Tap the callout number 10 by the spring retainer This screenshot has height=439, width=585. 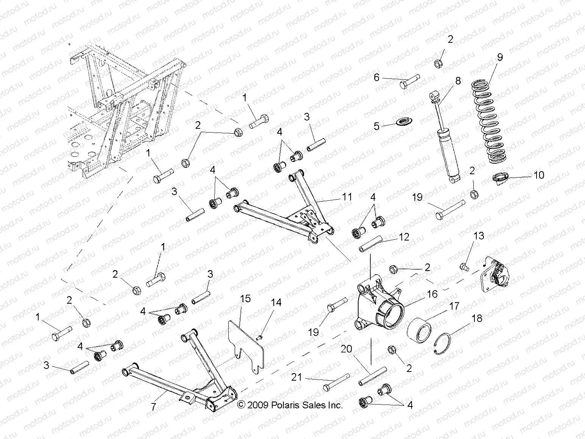538,175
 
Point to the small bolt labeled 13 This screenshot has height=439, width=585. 463,267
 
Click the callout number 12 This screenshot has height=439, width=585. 404,237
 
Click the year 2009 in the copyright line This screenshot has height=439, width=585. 258,405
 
